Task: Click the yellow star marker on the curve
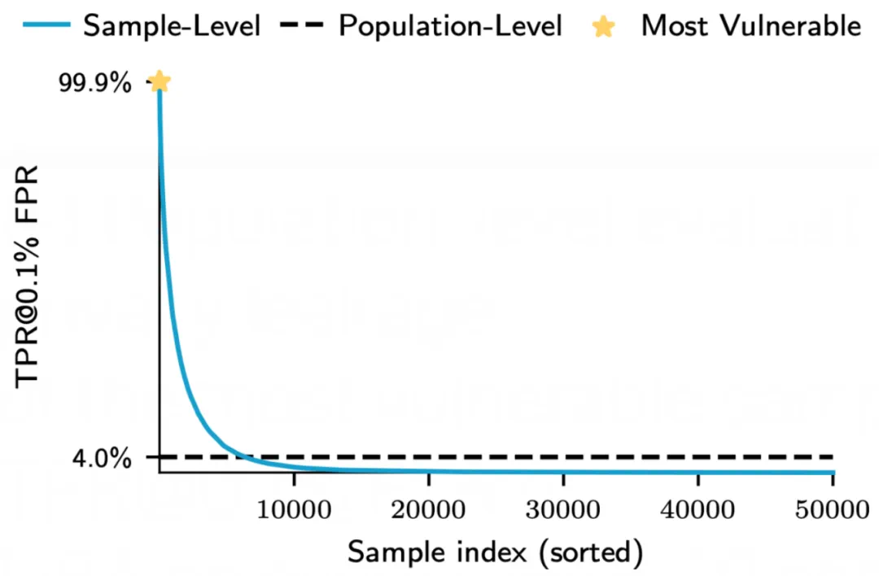coord(160,81)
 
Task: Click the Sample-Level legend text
coord(172,26)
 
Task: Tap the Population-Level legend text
coord(450,26)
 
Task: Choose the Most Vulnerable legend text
coord(750,26)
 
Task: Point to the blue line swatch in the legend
coord(49,26)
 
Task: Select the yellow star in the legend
coord(603,26)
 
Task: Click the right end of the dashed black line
coord(833,456)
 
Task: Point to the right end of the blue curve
coord(833,472)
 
